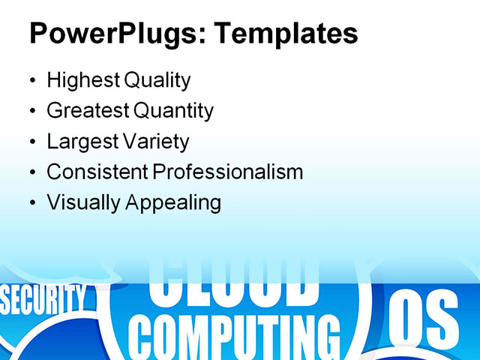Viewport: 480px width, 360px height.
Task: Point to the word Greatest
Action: point(88,111)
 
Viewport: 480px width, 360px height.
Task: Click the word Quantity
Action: point(173,111)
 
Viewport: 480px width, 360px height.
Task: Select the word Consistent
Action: point(97,172)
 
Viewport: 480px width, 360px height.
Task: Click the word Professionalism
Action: point(228,172)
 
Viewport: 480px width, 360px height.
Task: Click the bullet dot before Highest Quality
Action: point(31,81)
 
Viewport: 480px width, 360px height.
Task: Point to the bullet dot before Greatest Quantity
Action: point(31,112)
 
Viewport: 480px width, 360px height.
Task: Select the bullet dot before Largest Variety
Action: point(31,142)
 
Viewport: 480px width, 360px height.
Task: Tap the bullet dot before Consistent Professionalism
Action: point(31,172)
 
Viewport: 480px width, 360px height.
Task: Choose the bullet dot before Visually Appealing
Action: point(31,203)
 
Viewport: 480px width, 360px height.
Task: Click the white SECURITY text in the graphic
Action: point(43,300)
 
